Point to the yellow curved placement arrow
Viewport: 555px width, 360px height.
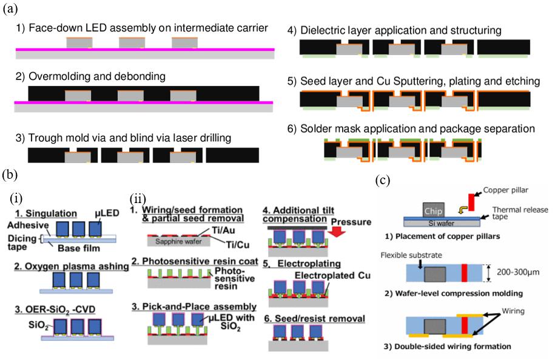(445, 212)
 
